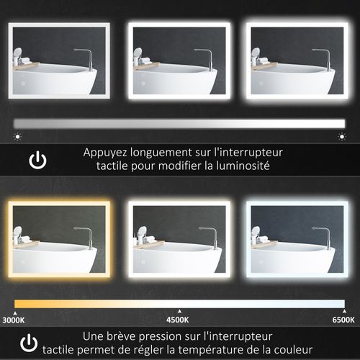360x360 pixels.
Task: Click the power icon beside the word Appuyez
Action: tap(37, 159)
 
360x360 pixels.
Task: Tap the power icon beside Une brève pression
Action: tap(29, 341)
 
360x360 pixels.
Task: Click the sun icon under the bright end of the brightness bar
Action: tap(342, 135)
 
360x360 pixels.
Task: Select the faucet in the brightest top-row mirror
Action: tap(325, 58)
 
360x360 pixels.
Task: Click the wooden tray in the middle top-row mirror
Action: tap(148, 66)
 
